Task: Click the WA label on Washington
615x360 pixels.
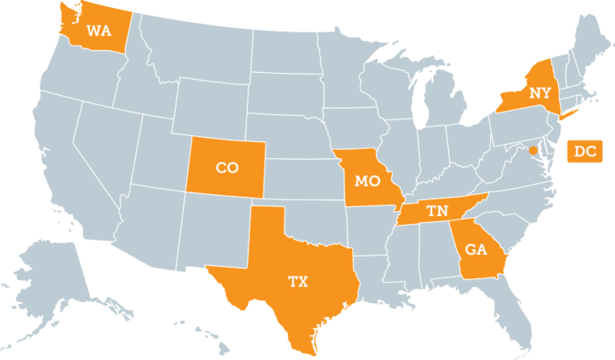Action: click(x=98, y=31)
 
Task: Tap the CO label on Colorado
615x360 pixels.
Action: click(x=227, y=167)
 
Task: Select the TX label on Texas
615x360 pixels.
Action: click(x=299, y=282)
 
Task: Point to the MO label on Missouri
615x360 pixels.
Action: click(x=367, y=181)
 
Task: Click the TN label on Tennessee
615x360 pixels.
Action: click(x=437, y=211)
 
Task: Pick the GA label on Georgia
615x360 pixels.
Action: click(x=475, y=248)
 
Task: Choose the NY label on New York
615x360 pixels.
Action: click(x=539, y=91)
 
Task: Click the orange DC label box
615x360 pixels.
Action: click(x=585, y=151)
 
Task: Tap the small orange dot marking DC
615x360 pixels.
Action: click(x=532, y=151)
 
